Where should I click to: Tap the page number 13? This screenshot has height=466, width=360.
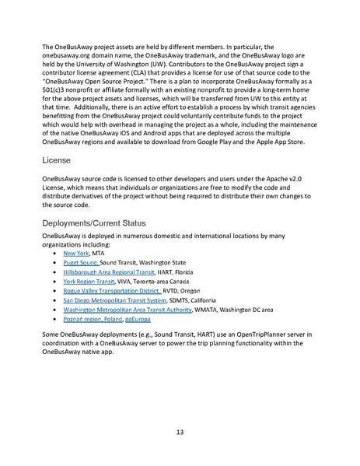pyautogui.click(x=180, y=432)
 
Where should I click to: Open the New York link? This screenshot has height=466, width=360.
pyautogui.click(x=75, y=253)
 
